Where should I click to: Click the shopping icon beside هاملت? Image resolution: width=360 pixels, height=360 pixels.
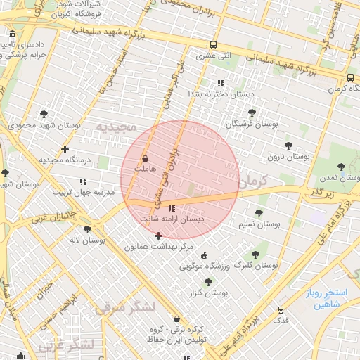coord(145,158)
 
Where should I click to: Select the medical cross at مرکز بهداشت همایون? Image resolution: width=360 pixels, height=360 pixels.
coord(157,236)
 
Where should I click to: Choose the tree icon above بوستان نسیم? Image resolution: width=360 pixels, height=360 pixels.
coord(259,212)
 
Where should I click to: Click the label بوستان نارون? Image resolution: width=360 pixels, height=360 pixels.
coord(290,157)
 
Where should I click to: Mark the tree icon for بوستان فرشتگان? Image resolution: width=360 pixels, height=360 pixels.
coord(252,112)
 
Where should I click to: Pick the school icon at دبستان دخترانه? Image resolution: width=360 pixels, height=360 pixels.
coord(221,83)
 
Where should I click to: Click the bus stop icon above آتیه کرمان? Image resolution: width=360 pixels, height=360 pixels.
coord(349,78)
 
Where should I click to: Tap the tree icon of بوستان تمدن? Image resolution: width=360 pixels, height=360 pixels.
coord(342,167)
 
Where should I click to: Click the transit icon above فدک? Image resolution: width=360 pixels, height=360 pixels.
coord(281,309)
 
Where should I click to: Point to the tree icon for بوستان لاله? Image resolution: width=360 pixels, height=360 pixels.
coord(87,229)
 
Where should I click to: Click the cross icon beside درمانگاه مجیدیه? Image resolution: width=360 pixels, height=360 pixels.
coord(65,149)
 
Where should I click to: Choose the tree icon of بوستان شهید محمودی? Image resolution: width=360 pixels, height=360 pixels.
coord(44,113)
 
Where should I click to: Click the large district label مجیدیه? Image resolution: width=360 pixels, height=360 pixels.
coord(115,127)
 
